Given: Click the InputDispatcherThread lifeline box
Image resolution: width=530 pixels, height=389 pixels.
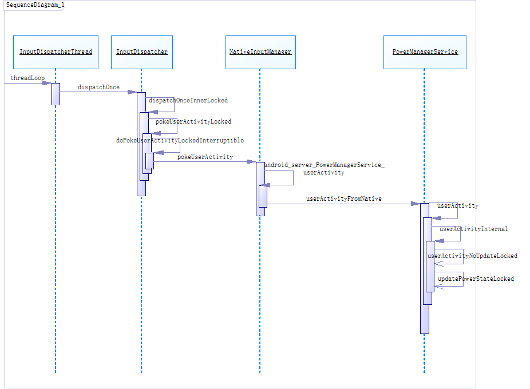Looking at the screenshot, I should tap(56, 52).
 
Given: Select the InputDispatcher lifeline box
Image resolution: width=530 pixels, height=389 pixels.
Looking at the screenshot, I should tap(142, 52).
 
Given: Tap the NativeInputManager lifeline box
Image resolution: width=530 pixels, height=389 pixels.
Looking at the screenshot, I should tap(260, 52).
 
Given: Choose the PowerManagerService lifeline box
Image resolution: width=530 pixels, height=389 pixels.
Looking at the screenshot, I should tap(425, 52).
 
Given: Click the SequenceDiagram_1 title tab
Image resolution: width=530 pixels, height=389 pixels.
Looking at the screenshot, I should tap(35, 5).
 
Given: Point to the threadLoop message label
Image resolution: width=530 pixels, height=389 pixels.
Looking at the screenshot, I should tap(27, 78).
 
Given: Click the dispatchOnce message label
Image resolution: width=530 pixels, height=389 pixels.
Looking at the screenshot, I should tap(98, 87).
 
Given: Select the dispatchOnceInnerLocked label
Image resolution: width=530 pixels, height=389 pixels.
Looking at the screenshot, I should tap(188, 101).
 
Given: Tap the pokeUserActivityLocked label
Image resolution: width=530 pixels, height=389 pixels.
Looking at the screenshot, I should tap(193, 121).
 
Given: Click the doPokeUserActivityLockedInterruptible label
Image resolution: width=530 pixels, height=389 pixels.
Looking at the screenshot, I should tap(180, 140).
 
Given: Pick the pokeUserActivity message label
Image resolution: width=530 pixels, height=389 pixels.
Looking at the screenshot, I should tap(204, 157).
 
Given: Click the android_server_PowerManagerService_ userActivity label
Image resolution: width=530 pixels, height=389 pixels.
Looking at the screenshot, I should tap(324, 168).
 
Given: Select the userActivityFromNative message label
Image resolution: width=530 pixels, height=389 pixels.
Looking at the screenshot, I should tap(343, 199).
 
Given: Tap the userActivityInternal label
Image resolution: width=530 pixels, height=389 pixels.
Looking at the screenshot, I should tap(473, 229).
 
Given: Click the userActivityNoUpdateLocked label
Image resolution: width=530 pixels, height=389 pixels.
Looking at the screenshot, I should tap(473, 256).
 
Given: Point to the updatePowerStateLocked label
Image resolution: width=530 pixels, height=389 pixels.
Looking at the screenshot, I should tap(476, 279).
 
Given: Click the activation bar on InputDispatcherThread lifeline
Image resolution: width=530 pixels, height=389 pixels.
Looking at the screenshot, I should tap(56, 94).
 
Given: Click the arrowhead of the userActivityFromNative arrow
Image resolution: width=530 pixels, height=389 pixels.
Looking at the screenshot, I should tap(416, 204).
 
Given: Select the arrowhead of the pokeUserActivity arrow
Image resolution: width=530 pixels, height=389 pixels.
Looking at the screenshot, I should tap(251, 162).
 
